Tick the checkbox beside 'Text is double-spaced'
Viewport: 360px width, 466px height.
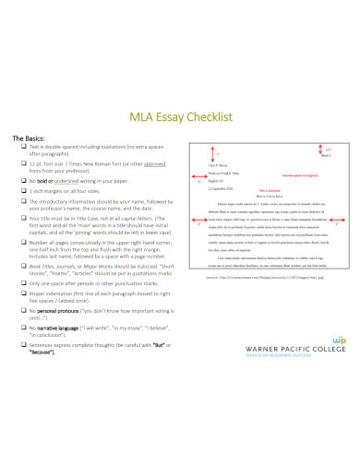23,148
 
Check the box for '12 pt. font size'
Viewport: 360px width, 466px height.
23,163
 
